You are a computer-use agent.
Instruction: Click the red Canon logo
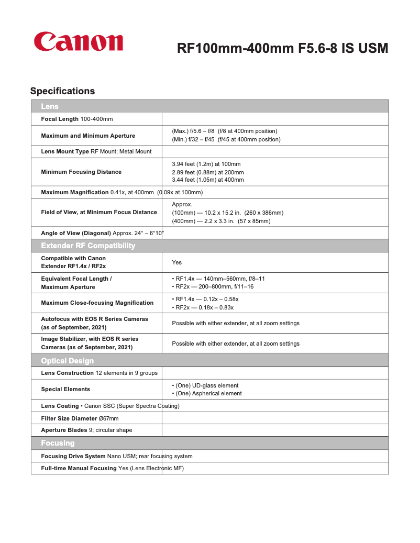(x=79, y=42)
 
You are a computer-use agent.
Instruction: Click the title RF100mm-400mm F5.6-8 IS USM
(x=282, y=49)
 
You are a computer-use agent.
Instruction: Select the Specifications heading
(x=62, y=91)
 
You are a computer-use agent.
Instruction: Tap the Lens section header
(x=50, y=106)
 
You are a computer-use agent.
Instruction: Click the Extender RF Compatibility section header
(x=88, y=246)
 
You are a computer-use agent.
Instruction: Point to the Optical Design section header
(x=68, y=360)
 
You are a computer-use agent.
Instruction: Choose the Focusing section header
(x=58, y=443)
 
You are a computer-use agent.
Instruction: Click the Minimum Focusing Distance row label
(x=81, y=172)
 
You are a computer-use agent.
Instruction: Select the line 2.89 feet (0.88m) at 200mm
(x=208, y=172)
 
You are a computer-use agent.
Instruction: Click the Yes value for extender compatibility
(x=177, y=262)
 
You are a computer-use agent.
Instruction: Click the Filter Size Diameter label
(x=69, y=418)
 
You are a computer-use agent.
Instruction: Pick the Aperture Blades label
(x=64, y=430)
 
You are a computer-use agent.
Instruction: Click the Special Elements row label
(x=65, y=389)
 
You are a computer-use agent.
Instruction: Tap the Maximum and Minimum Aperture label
(x=88, y=136)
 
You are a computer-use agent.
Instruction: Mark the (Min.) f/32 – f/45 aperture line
(x=226, y=139)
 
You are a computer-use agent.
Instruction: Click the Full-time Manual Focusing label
(x=79, y=468)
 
